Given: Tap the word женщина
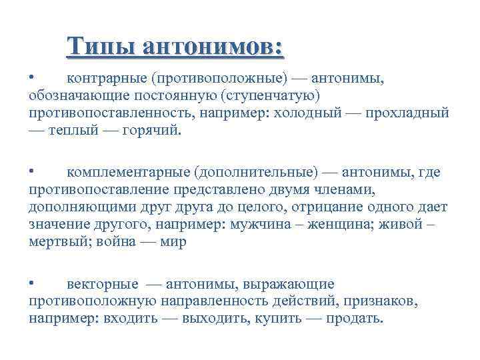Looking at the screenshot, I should click(x=339, y=225).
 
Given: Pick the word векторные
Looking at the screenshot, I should click(x=103, y=284).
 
